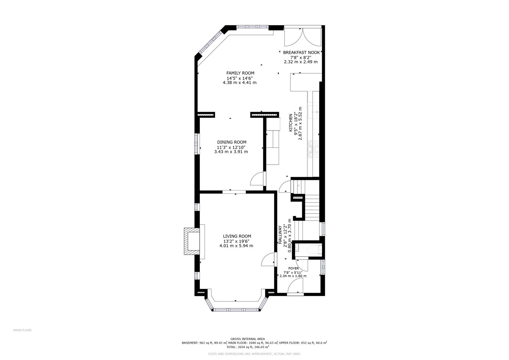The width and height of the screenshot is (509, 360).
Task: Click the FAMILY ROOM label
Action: coord(240,73)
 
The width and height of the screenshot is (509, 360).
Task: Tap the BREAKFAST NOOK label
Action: coord(301,53)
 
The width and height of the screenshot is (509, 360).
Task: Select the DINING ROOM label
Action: coord(232,142)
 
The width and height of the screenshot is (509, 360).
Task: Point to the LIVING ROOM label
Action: coord(237,236)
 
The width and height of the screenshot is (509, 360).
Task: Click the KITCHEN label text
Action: coord(291,123)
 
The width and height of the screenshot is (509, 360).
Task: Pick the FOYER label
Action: coord(294,268)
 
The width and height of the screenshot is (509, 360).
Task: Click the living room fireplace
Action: coord(192,241)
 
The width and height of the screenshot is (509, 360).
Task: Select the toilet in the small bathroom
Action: coord(315,250)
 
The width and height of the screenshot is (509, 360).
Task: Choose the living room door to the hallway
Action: coord(269,259)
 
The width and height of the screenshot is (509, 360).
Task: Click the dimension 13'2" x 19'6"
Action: coord(236,241)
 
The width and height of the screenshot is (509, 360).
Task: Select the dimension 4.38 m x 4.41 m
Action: coord(240,82)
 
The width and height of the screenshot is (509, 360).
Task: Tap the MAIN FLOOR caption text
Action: coord(22,330)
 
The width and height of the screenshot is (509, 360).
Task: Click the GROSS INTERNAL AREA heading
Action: coord(248,339)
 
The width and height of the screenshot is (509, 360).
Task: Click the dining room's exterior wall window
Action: coord(197,144)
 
